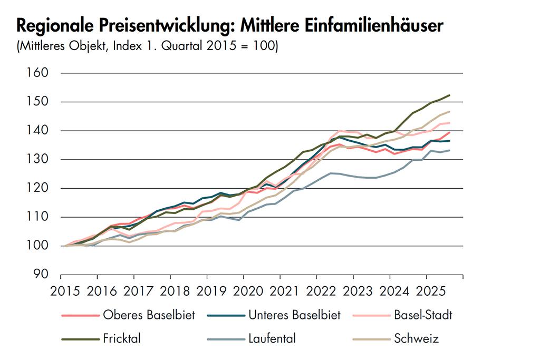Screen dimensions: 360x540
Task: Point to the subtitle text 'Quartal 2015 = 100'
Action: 221,46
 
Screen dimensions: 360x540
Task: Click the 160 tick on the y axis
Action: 37,73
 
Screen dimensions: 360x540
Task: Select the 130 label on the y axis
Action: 37,159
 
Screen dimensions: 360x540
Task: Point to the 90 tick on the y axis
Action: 41,275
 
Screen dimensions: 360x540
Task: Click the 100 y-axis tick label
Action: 37,246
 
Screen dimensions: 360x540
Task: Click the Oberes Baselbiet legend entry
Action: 149,315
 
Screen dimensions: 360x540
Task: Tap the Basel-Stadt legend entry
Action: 423,315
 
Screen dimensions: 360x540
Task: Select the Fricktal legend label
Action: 121,338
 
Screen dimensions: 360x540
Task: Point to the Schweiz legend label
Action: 416,338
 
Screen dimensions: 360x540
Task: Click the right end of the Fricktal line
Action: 449,95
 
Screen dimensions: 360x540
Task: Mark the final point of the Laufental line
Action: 449,150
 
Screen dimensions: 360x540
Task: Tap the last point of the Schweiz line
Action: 449,112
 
